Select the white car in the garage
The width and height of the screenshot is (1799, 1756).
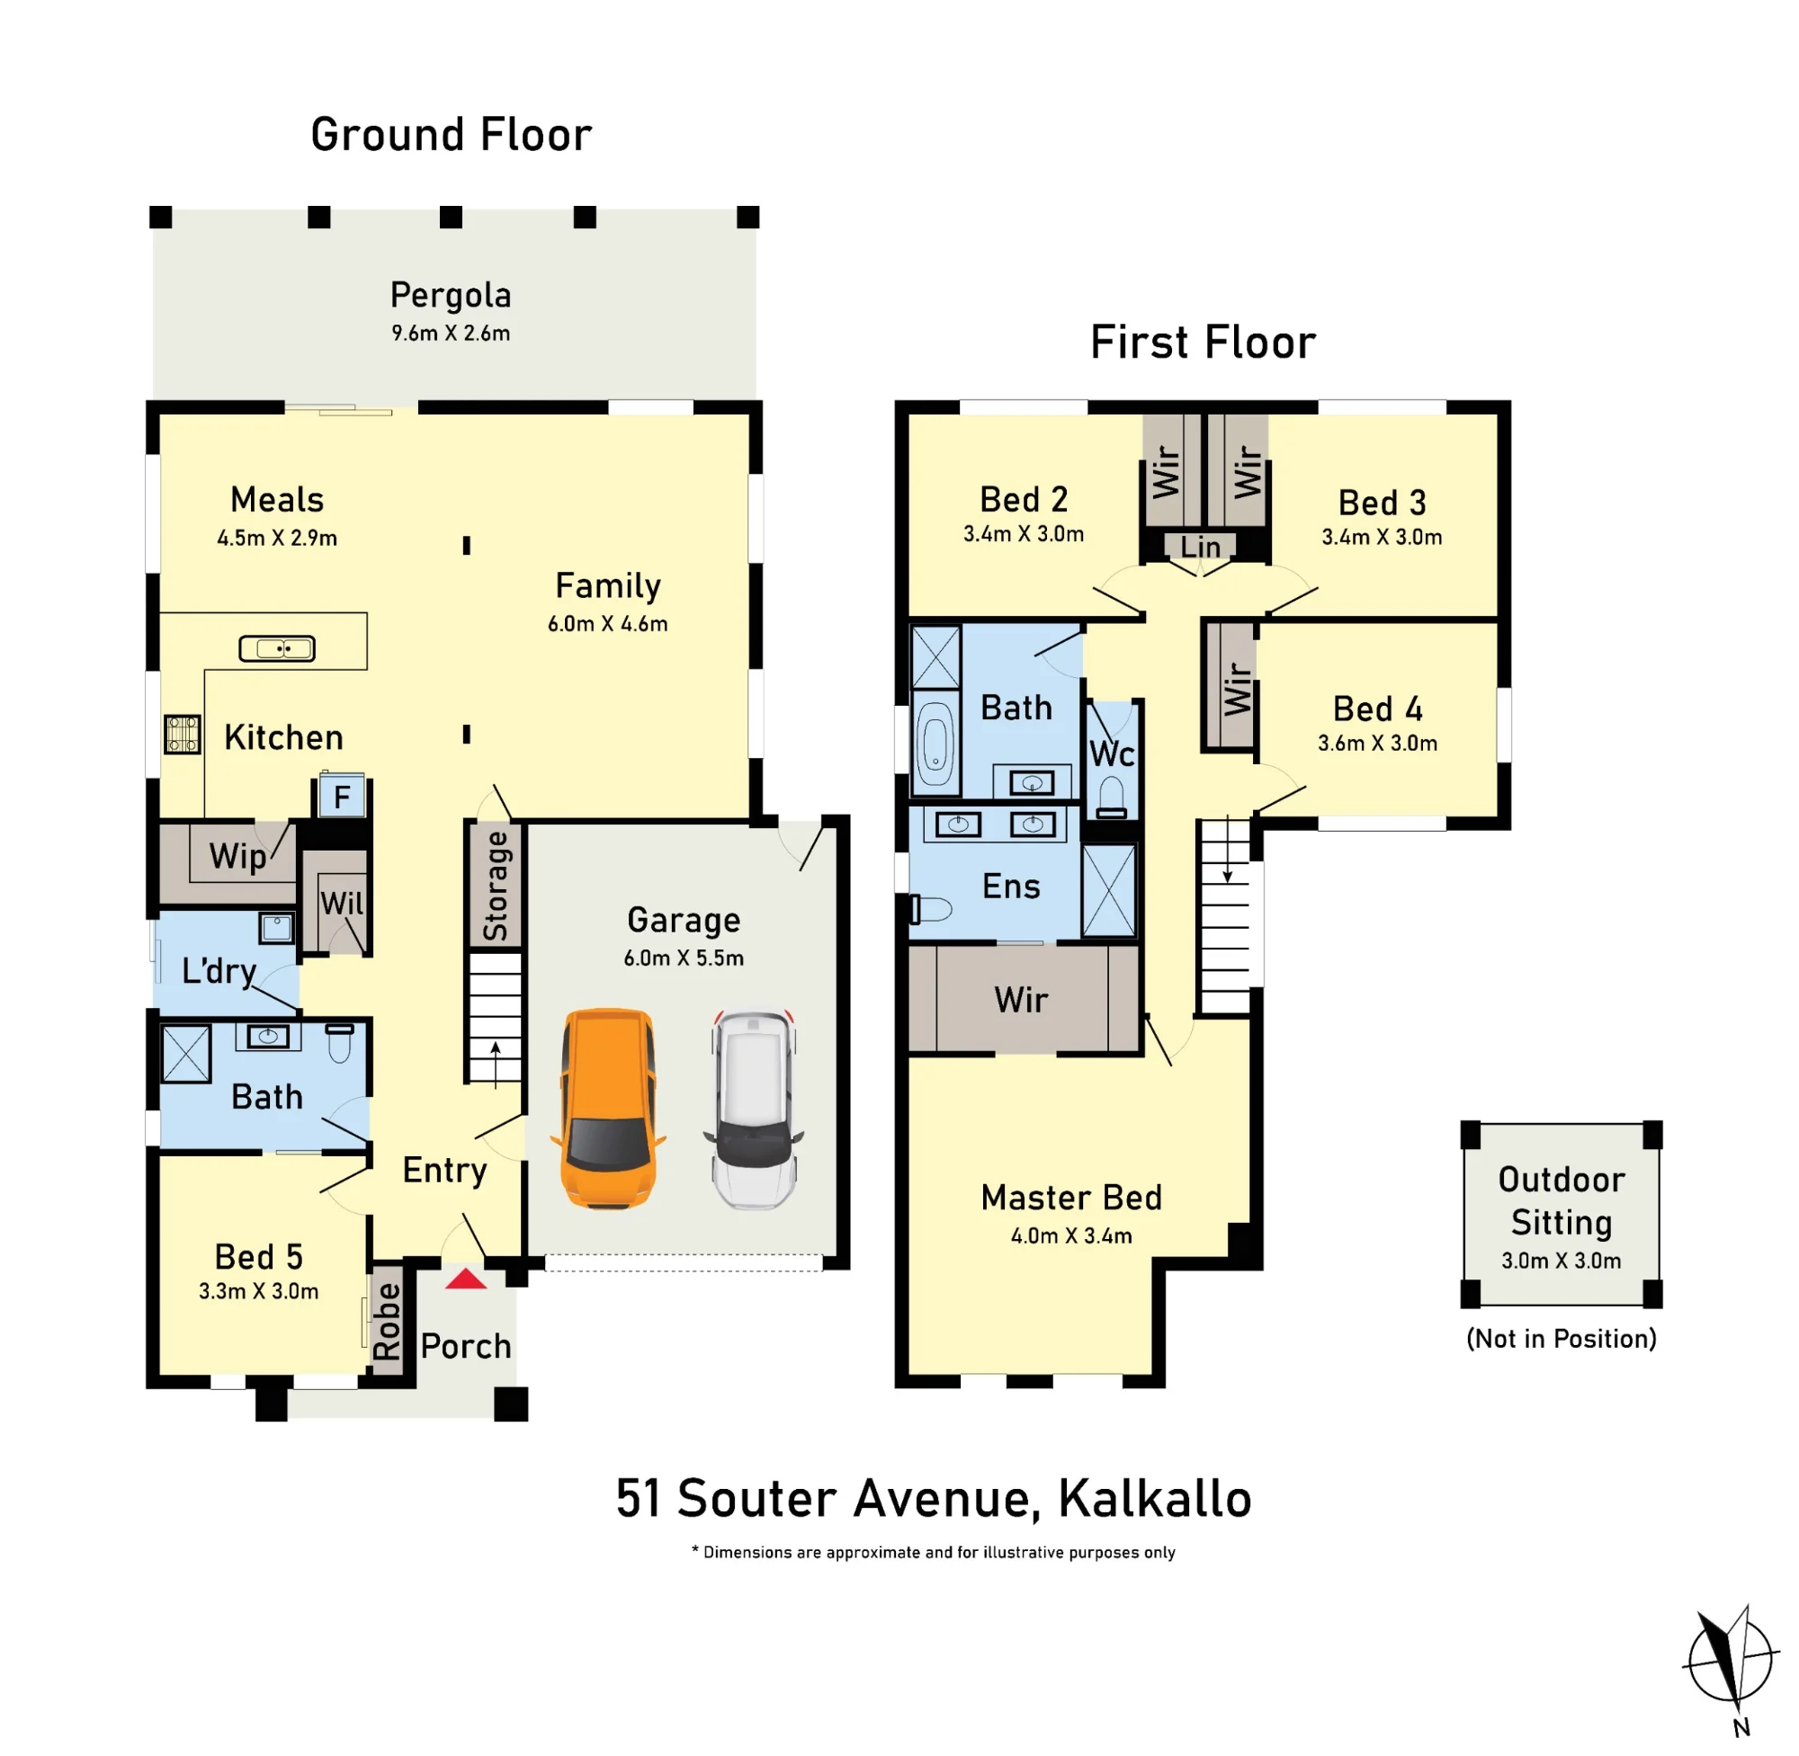tap(755, 1110)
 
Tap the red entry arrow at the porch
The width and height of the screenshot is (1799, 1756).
tap(466, 1279)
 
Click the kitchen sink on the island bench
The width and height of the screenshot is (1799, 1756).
tap(277, 649)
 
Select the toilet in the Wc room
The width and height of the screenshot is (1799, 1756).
tap(1113, 798)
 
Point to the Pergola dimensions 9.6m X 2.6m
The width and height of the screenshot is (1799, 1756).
tap(452, 333)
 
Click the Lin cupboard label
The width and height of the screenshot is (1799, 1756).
tap(1200, 547)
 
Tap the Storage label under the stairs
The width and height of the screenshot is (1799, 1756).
tap(496, 887)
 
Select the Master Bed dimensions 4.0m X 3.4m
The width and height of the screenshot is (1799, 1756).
tap(1071, 1235)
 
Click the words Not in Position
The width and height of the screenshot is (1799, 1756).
tap(1562, 1339)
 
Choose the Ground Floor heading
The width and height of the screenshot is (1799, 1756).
tap(452, 135)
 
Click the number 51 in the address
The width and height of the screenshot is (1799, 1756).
tap(639, 1498)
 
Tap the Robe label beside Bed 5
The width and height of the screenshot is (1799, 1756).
tap(388, 1322)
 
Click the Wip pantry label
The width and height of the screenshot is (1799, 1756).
tap(238, 857)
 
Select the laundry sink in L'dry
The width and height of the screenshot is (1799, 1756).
tap(276, 927)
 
